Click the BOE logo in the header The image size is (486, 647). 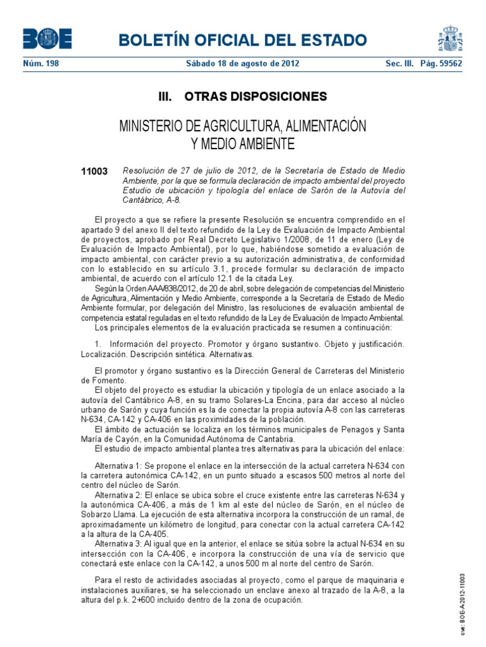click(47, 39)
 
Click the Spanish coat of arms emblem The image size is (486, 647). click(450, 39)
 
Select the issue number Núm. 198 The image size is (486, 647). click(40, 64)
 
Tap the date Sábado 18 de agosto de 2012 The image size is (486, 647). click(242, 64)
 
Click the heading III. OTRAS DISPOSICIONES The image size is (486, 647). click(242, 97)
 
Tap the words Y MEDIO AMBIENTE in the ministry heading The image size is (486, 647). click(242, 144)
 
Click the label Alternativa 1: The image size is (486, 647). click(118, 466)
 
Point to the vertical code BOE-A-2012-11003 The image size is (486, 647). click(463, 603)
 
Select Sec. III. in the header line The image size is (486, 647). click(398, 64)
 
